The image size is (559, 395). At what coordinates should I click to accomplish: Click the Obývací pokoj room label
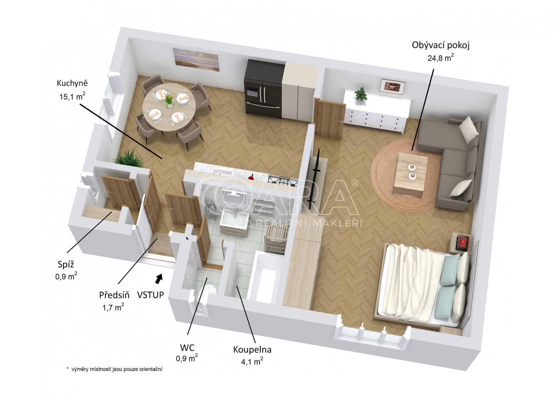[441, 45]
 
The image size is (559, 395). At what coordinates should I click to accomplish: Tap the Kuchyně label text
[72, 83]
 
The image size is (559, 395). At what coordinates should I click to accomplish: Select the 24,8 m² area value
[440, 58]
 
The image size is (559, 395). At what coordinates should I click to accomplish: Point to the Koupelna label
[252, 350]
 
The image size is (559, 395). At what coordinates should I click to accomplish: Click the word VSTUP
[151, 295]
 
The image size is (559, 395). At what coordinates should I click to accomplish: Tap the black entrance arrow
[159, 278]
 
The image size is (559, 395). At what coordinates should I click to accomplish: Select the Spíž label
[66, 265]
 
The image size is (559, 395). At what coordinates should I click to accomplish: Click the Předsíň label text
[114, 295]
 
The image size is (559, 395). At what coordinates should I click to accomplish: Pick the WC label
[187, 348]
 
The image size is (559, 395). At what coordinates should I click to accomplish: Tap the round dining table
[169, 107]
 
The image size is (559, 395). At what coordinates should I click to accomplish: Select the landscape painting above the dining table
[196, 60]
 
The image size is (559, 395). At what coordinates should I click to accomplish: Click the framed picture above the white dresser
[392, 86]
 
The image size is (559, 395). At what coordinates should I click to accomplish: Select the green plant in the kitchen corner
[129, 158]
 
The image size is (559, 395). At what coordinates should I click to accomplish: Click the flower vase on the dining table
[169, 99]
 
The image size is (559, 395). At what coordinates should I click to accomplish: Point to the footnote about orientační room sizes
[115, 369]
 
